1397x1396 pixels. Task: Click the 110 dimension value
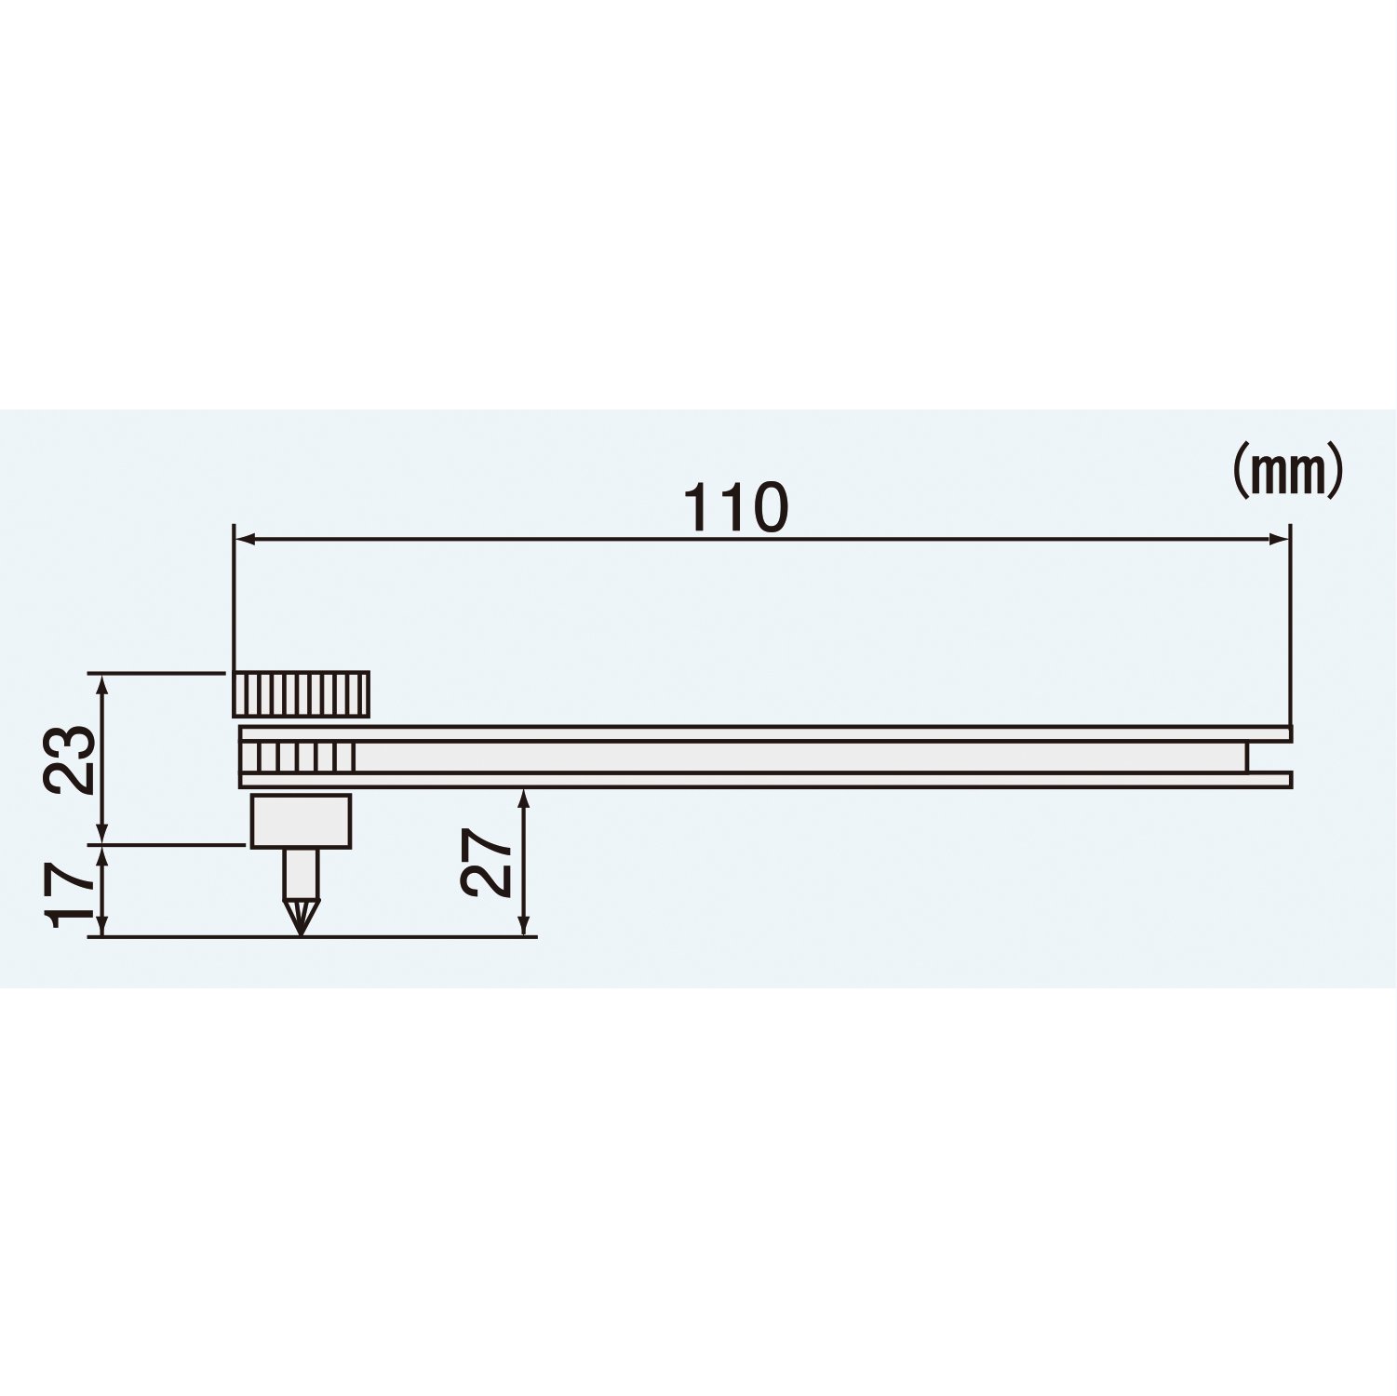point(736,508)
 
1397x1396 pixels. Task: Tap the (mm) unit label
point(1287,471)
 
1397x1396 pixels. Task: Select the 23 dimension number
point(71,758)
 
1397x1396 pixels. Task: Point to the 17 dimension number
point(71,894)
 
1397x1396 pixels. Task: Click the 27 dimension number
point(487,863)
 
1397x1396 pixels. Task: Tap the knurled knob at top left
point(300,694)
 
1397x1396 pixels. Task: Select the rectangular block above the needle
point(301,821)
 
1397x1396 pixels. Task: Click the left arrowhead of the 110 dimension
point(244,538)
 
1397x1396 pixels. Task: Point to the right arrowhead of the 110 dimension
point(1279,538)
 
